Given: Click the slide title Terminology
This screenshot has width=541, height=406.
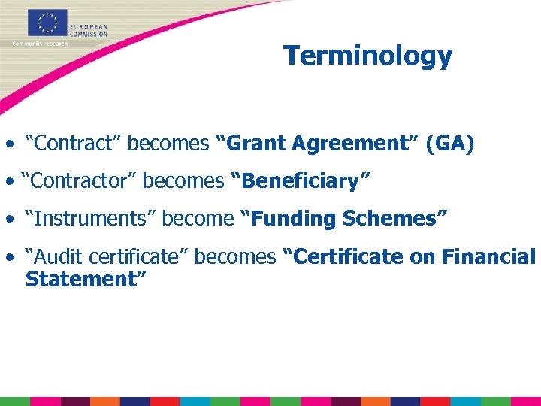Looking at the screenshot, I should (367, 56).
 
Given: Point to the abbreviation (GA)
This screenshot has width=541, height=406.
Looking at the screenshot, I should (449, 144).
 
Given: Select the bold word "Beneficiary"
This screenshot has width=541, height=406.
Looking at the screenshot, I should (301, 181).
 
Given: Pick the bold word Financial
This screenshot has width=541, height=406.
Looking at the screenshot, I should (489, 256).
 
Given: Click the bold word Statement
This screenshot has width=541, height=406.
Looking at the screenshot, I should (84, 279).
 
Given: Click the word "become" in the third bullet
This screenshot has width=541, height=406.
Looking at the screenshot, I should (198, 219).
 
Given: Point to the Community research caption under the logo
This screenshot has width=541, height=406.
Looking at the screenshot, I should (40, 44).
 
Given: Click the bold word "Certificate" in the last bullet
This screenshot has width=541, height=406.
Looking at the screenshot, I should (343, 256).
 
